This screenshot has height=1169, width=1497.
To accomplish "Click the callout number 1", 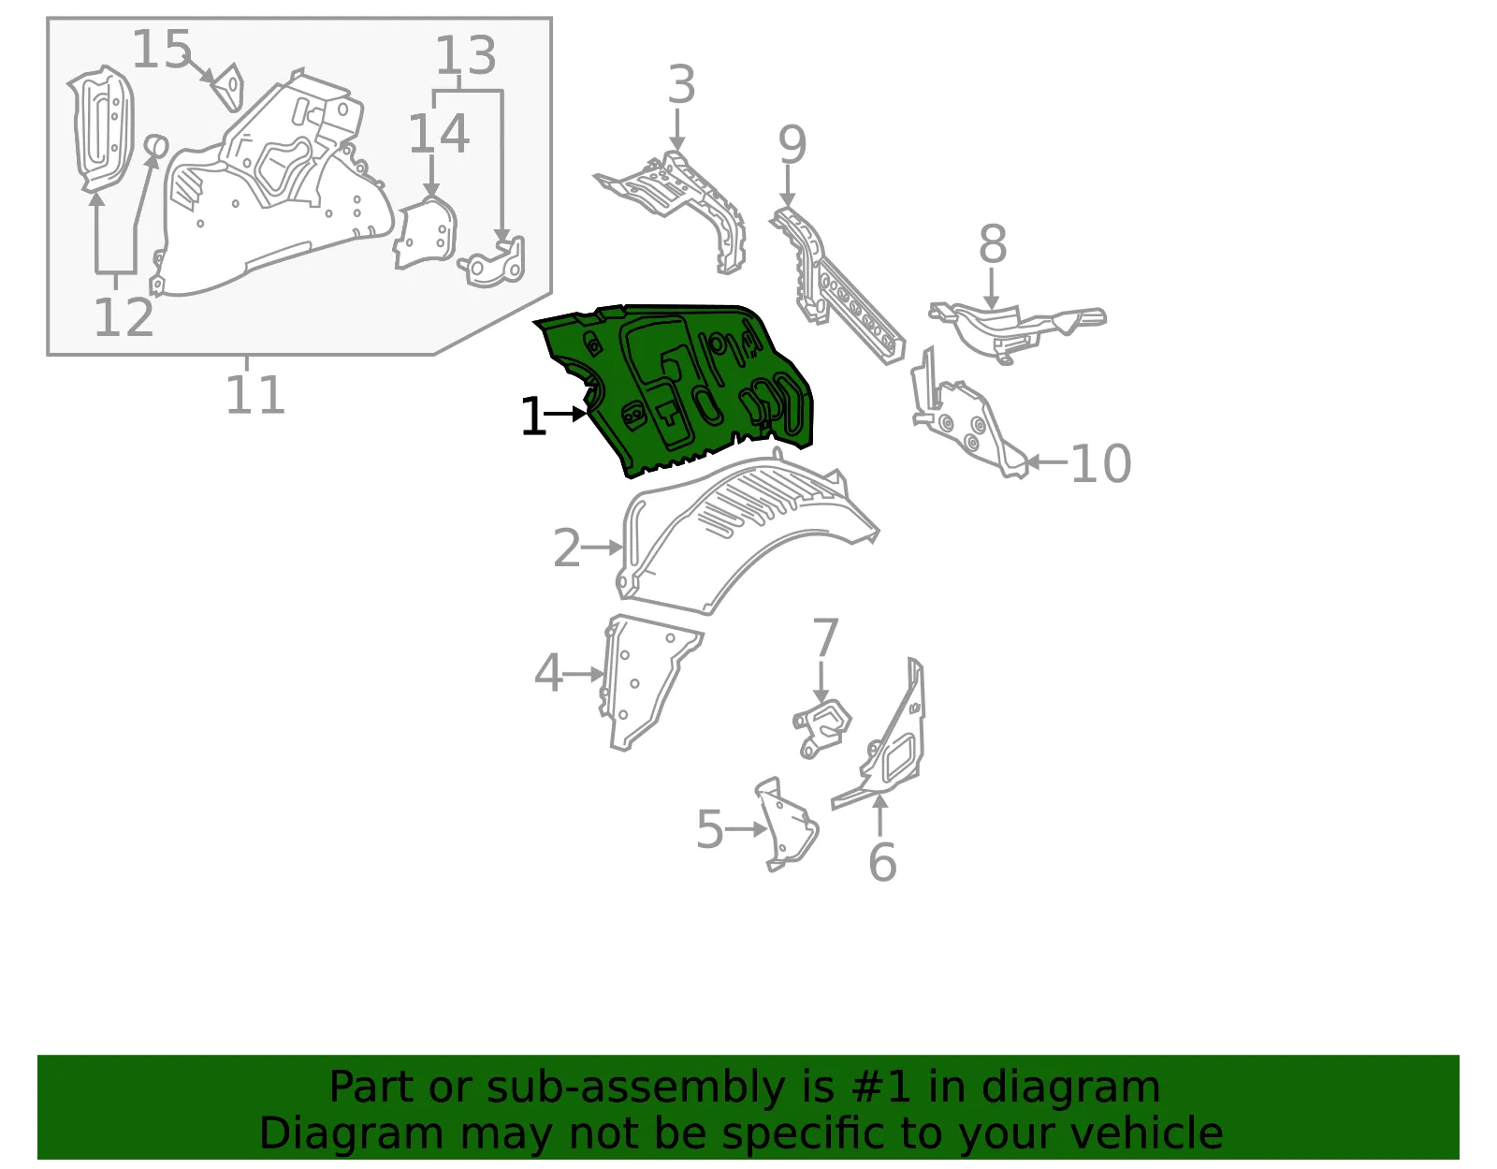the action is point(532,416).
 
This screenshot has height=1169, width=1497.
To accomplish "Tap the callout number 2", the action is point(566,548).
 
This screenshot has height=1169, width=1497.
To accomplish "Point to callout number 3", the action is point(681,85).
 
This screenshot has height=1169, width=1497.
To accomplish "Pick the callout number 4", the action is point(548,673).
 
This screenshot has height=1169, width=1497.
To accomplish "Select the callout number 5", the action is point(710,829).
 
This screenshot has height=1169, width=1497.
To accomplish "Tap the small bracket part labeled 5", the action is point(787,825).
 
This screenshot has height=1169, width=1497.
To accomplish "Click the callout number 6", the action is point(882,862).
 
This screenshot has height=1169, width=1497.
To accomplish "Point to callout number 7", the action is point(825,638).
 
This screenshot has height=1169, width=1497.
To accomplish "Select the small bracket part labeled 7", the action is point(821,728).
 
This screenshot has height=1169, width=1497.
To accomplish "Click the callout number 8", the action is point(993,244).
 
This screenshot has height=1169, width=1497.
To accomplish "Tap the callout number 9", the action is point(792,145).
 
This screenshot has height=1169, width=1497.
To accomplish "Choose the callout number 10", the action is point(1101,463).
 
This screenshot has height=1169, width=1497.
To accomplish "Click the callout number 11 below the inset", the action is point(254,395).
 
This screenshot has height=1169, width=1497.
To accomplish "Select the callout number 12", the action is point(124,317).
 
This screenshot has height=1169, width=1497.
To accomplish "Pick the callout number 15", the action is point(161,49).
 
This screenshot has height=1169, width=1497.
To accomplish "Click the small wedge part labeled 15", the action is point(228,87).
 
